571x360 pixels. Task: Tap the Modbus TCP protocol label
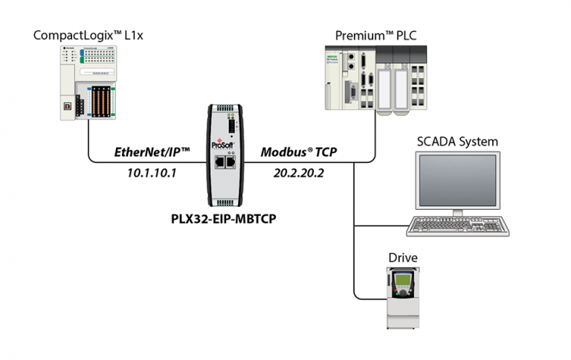[x=297, y=152]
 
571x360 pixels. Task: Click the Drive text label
[x=403, y=257]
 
